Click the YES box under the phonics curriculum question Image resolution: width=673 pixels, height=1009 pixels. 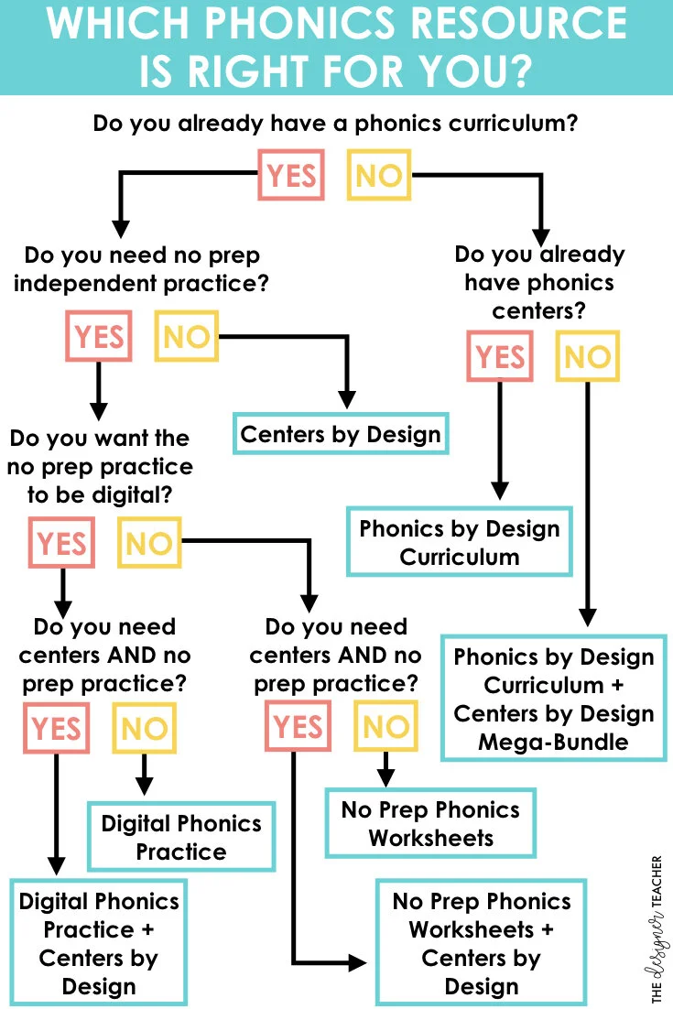click(292, 175)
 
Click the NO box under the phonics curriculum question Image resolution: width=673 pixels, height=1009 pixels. click(378, 175)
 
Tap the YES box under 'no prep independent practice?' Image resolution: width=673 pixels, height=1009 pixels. click(98, 336)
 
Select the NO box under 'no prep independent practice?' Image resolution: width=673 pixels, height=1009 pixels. click(187, 336)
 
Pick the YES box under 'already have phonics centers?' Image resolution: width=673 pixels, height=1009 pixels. click(500, 356)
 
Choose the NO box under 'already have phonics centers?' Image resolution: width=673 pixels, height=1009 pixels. click(587, 356)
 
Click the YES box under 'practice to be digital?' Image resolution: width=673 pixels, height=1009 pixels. click(61, 543)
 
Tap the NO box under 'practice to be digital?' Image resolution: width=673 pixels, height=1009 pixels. click(148, 543)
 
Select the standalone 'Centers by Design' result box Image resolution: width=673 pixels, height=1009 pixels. click(341, 434)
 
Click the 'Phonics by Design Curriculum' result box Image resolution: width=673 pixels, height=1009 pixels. click(460, 542)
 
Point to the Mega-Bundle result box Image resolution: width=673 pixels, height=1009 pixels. click(554, 699)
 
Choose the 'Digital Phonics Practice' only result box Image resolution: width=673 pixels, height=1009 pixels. click(181, 837)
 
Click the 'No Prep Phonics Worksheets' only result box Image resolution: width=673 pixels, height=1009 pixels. click(430, 823)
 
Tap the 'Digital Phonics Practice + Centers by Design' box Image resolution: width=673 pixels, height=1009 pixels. click(98, 943)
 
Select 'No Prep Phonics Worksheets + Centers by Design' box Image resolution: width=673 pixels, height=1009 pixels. click(482, 943)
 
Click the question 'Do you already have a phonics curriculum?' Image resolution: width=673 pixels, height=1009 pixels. click(335, 122)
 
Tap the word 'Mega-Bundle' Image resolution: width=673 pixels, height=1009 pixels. click(554, 742)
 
